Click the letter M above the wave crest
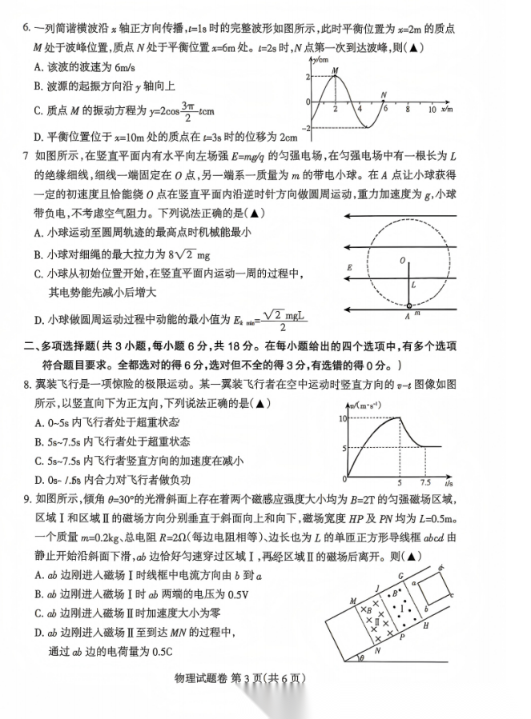pyautogui.click(x=335, y=71)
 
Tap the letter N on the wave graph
pyautogui.click(x=385, y=95)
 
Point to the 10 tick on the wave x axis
pyautogui.click(x=432, y=109)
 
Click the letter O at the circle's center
pyautogui.click(x=402, y=261)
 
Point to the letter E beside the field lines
pyautogui.click(x=348, y=267)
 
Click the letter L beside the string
pyautogui.click(x=414, y=285)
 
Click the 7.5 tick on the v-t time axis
pyautogui.click(x=425, y=484)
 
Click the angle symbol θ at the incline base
pyautogui.click(x=361, y=657)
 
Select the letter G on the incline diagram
pyautogui.click(x=400, y=575)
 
